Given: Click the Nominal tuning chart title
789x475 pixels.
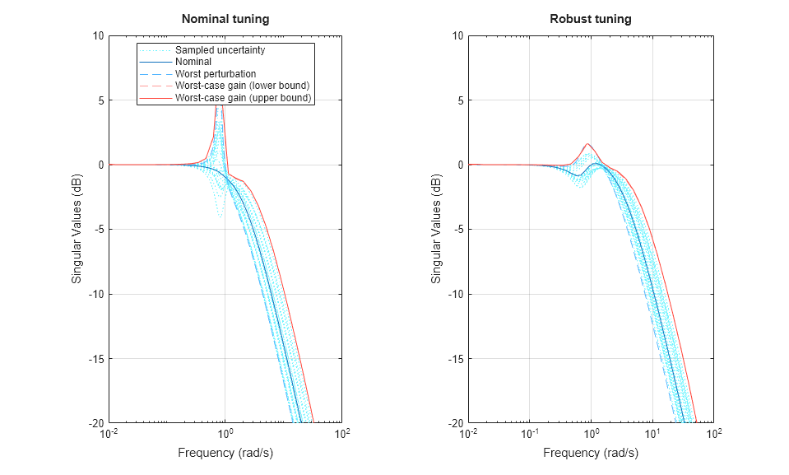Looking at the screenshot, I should [225, 19].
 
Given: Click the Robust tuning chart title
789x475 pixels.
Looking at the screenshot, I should [590, 19].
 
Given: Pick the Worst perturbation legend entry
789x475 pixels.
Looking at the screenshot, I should [216, 74].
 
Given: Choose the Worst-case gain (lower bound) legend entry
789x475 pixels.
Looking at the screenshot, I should [242, 86].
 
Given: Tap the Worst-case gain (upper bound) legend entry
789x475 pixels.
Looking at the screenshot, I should [243, 98].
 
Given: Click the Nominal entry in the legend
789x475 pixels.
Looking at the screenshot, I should [193, 62].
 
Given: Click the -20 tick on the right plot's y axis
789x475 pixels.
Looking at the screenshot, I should [455, 423].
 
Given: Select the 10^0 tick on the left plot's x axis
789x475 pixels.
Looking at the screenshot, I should [225, 434].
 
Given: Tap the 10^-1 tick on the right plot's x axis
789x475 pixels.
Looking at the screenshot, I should [530, 434].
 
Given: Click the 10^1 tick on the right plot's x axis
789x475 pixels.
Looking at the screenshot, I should [652, 434].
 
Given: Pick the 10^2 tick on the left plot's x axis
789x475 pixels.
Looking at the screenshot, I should [341, 434].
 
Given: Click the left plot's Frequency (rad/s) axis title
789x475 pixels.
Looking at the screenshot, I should [225, 453].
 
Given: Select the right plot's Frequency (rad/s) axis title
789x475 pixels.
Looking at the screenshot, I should [590, 453].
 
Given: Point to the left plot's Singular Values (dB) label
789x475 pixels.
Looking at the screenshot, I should [77, 230].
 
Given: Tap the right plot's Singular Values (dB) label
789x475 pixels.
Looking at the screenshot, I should [436, 230].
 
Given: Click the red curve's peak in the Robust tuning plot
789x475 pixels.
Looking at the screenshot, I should [587, 143].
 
